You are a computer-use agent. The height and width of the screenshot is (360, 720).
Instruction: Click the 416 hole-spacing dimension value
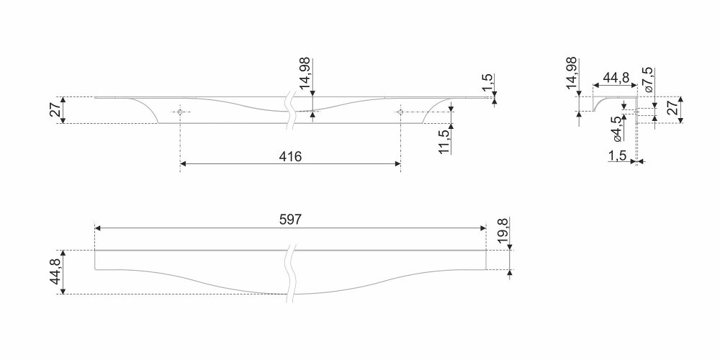[290, 156]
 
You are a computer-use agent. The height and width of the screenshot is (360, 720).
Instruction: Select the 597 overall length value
[290, 220]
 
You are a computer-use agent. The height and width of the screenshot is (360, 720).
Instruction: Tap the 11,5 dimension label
[444, 141]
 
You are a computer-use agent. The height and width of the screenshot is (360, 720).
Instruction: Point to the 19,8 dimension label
[503, 231]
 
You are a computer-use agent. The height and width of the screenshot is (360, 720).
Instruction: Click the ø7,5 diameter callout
[649, 80]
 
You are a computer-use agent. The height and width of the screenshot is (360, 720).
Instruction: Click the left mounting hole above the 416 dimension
[180, 112]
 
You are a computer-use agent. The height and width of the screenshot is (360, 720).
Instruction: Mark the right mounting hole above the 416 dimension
[400, 112]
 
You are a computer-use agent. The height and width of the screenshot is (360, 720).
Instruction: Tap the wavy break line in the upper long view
[290, 110]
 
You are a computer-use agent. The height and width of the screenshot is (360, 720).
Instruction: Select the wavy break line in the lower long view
[290, 274]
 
